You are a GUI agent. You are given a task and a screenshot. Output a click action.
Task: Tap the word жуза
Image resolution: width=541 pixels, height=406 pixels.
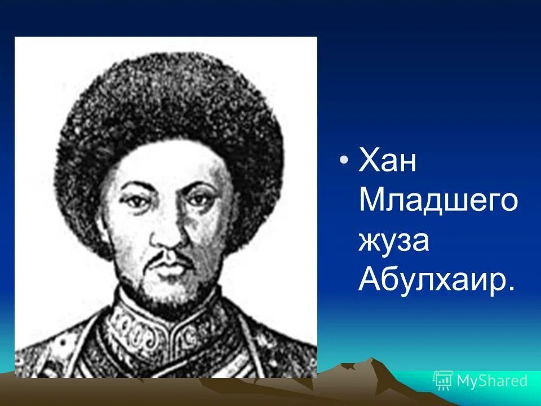coord(394,241)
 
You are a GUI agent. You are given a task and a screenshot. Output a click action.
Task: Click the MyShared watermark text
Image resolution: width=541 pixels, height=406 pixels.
coord(492,381)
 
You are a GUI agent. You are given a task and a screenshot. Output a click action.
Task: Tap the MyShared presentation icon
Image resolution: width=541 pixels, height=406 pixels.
coord(443,381)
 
